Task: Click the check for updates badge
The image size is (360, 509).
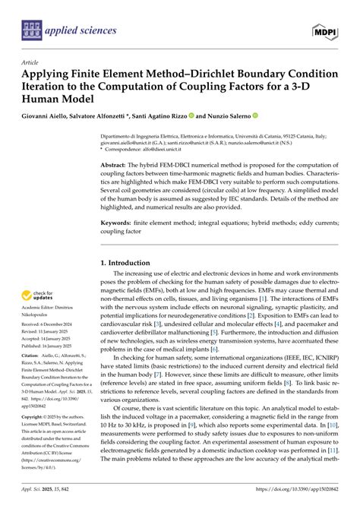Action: coord(39,295)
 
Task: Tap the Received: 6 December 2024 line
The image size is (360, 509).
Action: coord(52,324)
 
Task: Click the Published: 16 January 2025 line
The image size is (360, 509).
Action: coord(53,344)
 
